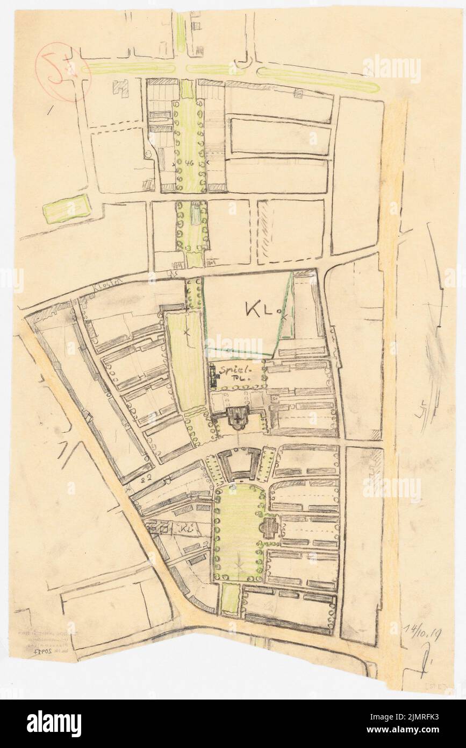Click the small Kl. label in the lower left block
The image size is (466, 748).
coord(186,529)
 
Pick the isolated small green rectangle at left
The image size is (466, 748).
coord(67,208)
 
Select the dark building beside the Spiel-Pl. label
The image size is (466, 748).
coord(216,376)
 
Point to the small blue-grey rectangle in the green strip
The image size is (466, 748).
coord(196,213)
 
